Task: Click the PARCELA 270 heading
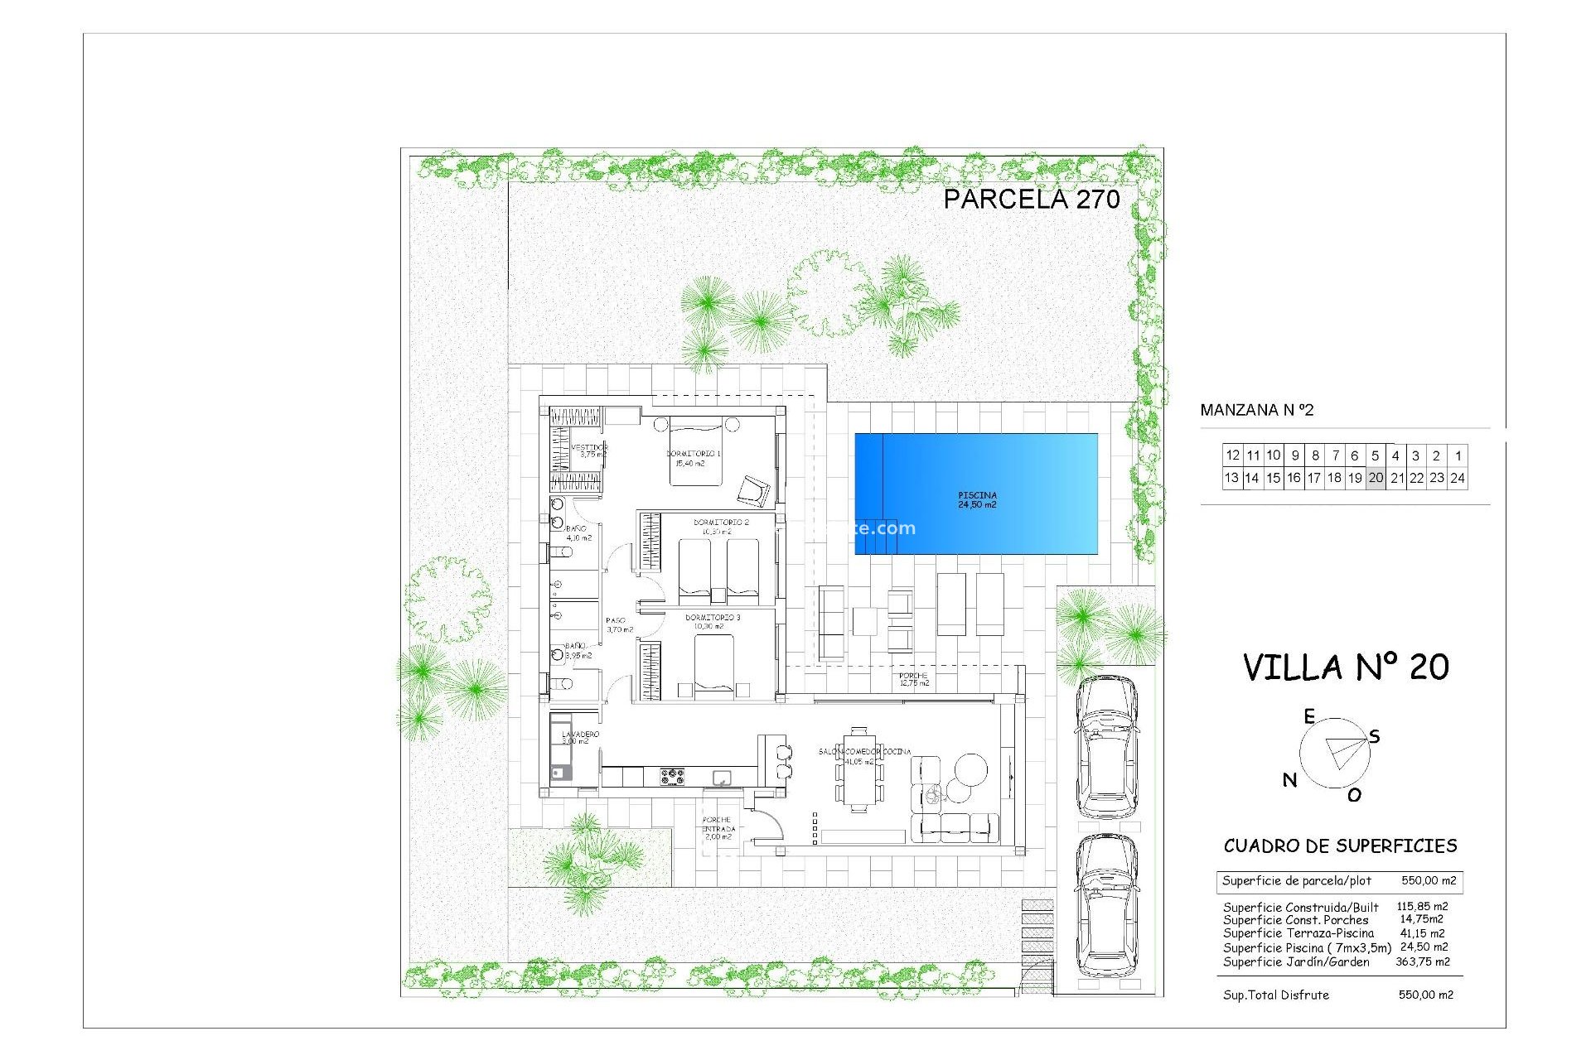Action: coord(1031,199)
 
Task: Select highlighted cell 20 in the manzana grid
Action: coord(1376,478)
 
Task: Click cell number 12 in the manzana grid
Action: coord(1232,455)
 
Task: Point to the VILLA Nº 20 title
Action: coord(1346,667)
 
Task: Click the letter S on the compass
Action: coord(1375,736)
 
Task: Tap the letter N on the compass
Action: coord(1289,779)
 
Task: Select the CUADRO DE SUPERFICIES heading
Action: coord(1340,846)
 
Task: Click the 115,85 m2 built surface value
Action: coord(1422,907)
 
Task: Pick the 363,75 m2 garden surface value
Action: coord(1422,961)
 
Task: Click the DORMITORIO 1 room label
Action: coord(693,454)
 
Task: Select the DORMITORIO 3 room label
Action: coord(712,618)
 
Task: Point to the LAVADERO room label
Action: coord(579,735)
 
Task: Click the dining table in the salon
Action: coord(859,770)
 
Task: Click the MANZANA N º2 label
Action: coord(1256,410)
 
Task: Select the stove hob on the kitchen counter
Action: coord(672,777)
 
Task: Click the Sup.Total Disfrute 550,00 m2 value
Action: coord(1425,995)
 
